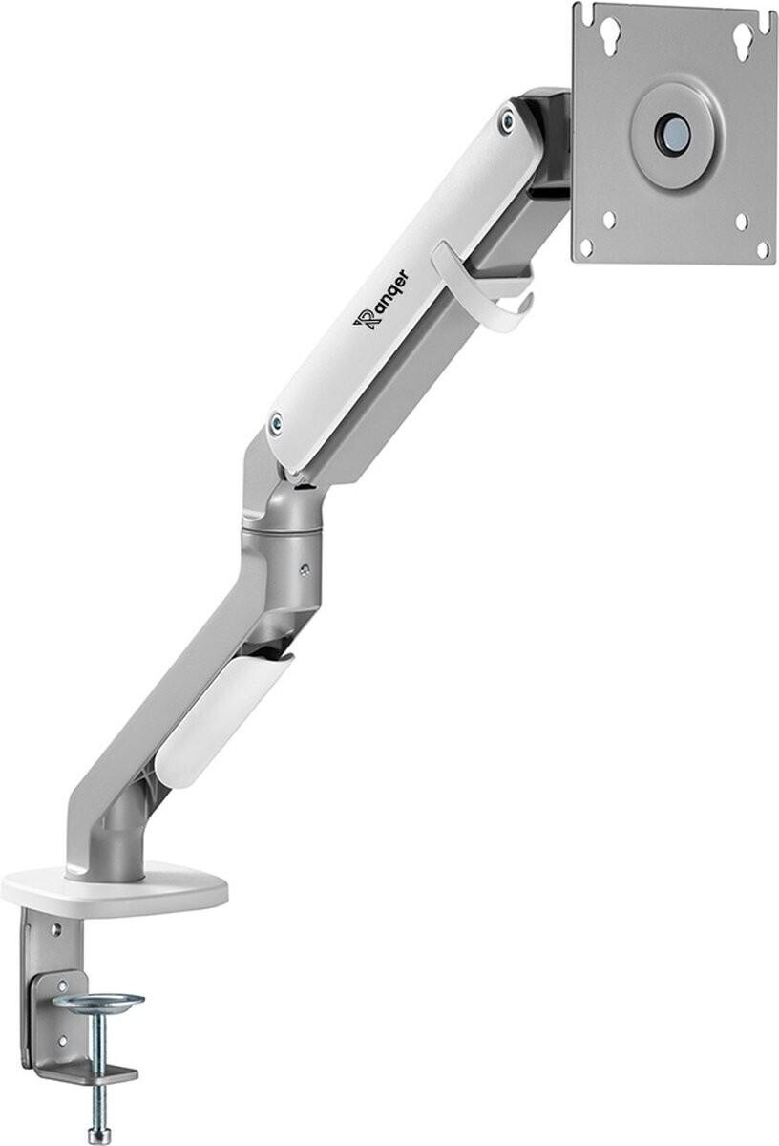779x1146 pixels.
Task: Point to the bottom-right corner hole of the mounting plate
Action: [762, 251]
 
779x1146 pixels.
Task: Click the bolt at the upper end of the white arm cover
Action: [506, 118]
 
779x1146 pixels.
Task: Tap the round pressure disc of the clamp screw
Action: [97, 1001]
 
